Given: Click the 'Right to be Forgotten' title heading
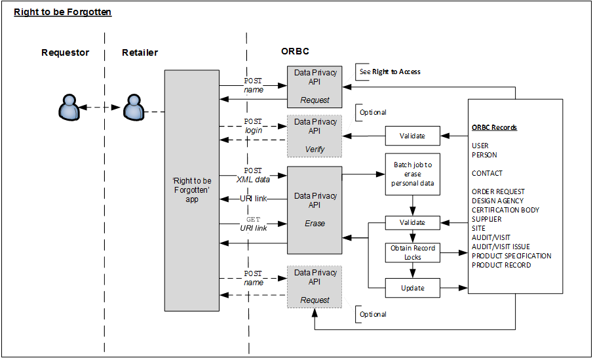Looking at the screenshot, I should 63,12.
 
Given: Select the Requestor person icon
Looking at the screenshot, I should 68,108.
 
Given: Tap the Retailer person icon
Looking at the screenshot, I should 134,108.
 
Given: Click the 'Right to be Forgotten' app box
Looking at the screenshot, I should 191,190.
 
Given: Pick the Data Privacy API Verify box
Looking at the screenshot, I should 315,136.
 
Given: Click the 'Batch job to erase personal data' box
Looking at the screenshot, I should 413,174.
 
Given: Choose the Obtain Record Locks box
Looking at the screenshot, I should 413,253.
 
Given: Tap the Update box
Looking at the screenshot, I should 413,288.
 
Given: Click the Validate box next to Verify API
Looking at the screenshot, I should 412,136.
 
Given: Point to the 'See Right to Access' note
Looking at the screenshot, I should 390,71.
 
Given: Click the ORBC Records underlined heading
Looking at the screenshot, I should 494,127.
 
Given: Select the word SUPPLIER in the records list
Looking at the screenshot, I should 487,219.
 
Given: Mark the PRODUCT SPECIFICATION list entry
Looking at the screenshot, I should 511,256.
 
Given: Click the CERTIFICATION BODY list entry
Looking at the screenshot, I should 505,210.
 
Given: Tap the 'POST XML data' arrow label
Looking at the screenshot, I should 253,174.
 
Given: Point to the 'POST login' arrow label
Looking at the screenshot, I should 253,126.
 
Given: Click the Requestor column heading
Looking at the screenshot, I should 65,53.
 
